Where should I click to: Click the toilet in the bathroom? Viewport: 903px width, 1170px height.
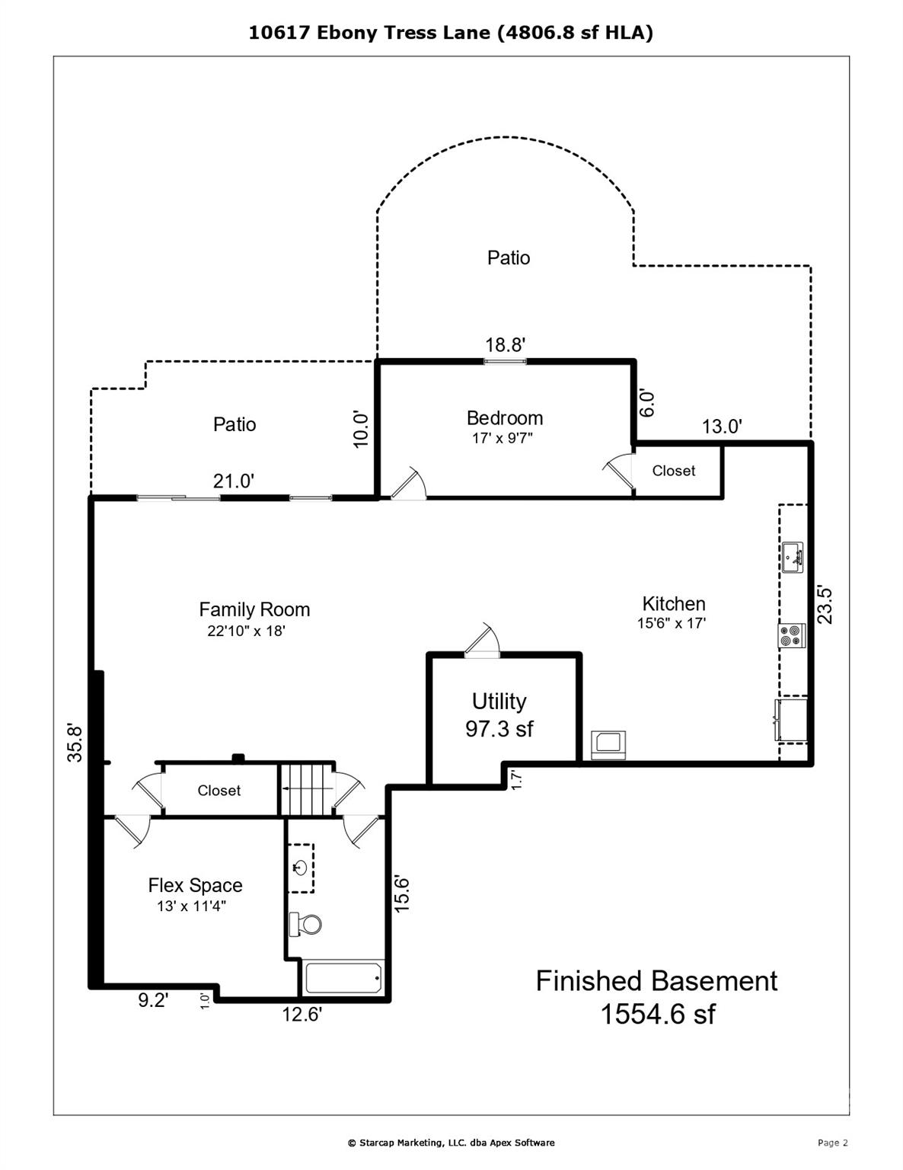pyautogui.click(x=305, y=925)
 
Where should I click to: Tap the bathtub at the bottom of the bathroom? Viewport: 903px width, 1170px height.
pyautogui.click(x=343, y=978)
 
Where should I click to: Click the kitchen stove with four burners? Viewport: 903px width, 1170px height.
pyautogui.click(x=791, y=635)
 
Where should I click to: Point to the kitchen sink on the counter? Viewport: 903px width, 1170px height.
pyautogui.click(x=791, y=557)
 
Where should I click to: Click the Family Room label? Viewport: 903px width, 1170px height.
pyautogui.click(x=254, y=609)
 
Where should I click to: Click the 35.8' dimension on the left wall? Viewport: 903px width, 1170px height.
pyautogui.click(x=74, y=743)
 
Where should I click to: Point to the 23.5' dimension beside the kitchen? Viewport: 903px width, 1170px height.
pyautogui.click(x=825, y=604)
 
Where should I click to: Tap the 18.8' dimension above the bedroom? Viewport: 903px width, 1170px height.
pyautogui.click(x=505, y=345)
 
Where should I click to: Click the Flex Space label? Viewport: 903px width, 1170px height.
pyautogui.click(x=195, y=885)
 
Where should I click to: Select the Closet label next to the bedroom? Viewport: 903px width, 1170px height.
pyautogui.click(x=673, y=471)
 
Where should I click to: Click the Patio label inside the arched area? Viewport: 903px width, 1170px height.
pyautogui.click(x=508, y=257)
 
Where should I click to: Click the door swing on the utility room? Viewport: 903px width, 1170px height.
pyautogui.click(x=482, y=639)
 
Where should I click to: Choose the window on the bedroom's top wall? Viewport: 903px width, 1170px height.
pyautogui.click(x=505, y=361)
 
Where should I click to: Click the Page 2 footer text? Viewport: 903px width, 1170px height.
pyautogui.click(x=832, y=1143)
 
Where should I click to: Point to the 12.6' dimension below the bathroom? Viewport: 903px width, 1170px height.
pyautogui.click(x=302, y=1014)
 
